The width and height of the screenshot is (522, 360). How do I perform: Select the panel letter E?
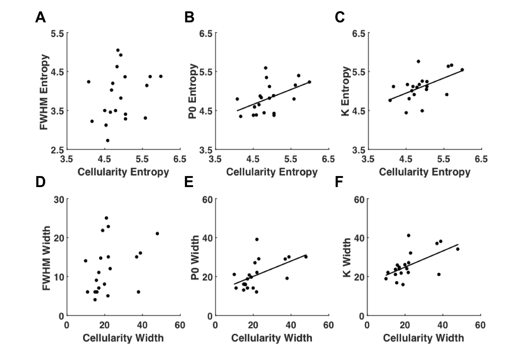(189, 183)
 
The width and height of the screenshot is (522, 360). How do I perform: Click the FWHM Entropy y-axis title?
(44, 91)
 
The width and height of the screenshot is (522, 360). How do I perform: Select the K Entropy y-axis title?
(346, 91)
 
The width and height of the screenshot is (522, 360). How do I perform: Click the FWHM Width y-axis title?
(44, 257)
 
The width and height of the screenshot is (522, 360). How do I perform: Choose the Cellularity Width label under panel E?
(272, 338)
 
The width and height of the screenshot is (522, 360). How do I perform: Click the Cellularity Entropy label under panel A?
(123, 172)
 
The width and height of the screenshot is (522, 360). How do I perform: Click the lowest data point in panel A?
(107, 141)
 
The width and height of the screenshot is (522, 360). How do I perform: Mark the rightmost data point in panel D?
(157, 234)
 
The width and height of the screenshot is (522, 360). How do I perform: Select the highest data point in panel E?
(257, 239)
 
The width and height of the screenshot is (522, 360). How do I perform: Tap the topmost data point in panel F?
(408, 235)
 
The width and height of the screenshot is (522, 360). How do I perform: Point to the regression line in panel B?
(274, 96)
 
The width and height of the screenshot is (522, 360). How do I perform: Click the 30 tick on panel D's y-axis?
(58, 199)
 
